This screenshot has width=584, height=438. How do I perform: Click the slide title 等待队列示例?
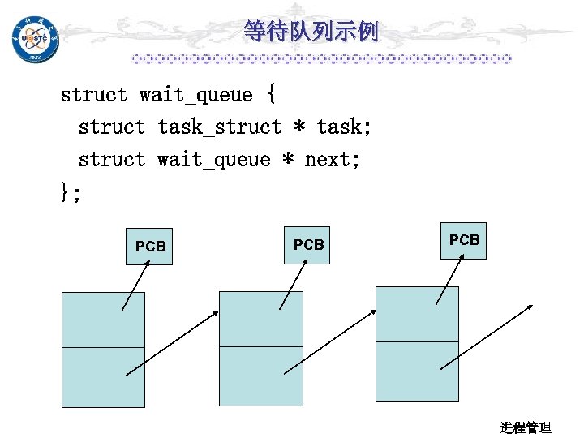[311, 32]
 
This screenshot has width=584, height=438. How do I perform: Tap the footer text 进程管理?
[526, 427]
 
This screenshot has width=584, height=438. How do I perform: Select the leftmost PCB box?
[149, 246]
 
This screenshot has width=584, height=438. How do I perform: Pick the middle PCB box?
[307, 244]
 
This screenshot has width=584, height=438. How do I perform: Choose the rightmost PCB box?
[463, 240]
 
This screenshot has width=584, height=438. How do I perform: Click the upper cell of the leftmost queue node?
[104, 320]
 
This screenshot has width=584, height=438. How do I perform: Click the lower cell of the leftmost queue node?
[104, 376]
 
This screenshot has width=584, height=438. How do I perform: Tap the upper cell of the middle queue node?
[260, 320]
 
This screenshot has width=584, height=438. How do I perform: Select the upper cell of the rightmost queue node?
[417, 314]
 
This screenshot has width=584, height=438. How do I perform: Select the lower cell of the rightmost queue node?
[417, 371]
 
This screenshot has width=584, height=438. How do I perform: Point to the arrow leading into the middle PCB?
[292, 285]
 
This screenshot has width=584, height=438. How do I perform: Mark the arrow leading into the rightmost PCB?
[449, 279]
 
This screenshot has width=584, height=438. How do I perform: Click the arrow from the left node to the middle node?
[172, 342]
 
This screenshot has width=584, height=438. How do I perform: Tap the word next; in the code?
[332, 160]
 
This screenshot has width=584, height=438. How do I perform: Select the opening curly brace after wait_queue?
[270, 95]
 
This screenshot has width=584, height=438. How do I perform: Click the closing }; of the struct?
[71, 192]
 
